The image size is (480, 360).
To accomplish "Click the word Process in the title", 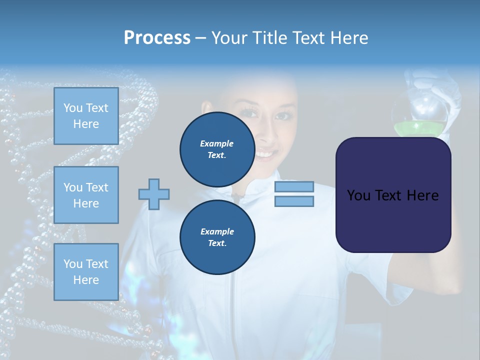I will tap(157, 38).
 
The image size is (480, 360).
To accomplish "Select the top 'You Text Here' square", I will tap(86, 116).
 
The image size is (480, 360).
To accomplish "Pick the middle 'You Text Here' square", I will tap(86, 195).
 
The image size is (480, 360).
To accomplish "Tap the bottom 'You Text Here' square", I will tap(86, 272).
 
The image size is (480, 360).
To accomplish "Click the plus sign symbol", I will tap(154, 194).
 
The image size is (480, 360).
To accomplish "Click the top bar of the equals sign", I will tap(294, 186).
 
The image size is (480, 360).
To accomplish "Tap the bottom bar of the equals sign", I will tap(294, 201).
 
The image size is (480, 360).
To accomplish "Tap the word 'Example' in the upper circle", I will tap(217, 143).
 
